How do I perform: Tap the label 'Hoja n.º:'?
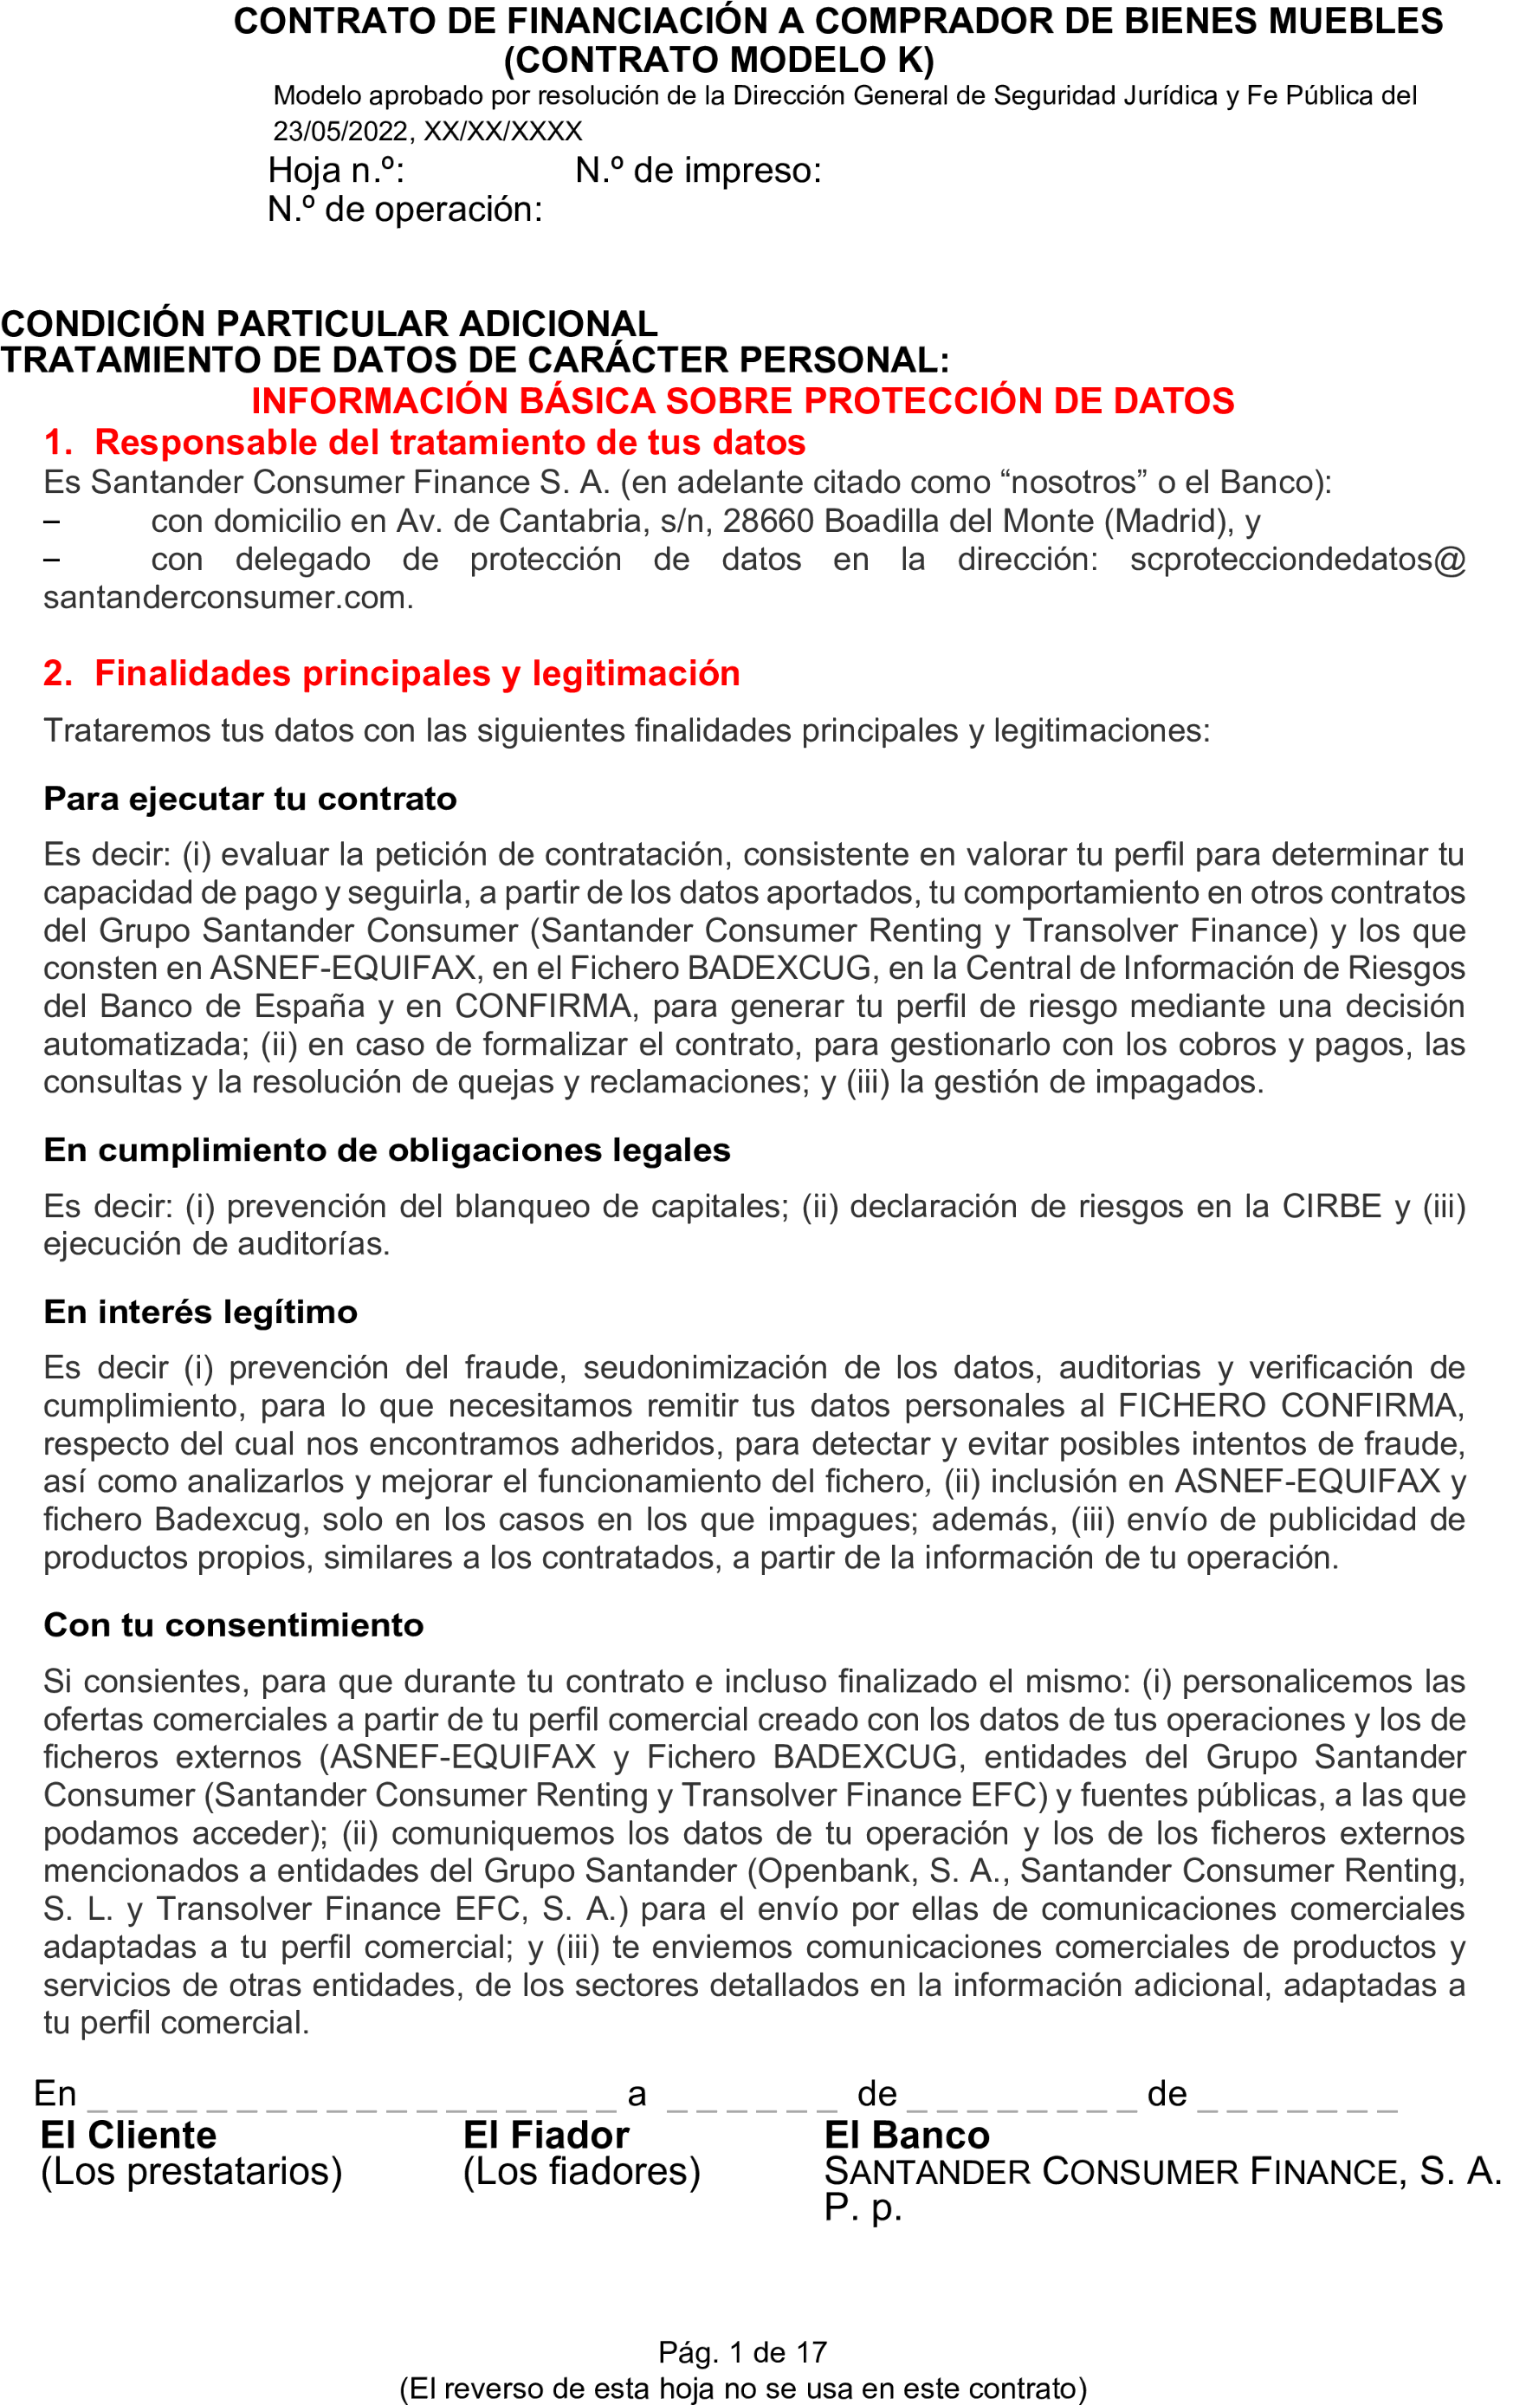tap(335, 171)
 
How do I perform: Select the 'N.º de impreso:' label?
tap(698, 171)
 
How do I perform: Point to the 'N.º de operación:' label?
tap(404, 210)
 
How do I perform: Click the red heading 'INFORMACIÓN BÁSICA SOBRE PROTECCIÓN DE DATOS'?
tap(742, 400)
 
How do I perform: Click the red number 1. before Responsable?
tap(58, 443)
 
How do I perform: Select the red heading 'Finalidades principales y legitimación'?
tap(417, 673)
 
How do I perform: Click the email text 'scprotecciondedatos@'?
tap(1297, 560)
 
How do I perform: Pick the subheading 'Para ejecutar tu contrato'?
tap(249, 798)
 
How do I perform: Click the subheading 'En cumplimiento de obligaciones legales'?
tap(386, 1150)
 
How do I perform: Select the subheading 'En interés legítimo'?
tap(200, 1312)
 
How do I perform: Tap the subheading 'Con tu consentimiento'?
tap(234, 1625)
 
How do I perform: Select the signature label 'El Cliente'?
tap(128, 2136)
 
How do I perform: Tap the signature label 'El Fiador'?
tap(546, 2136)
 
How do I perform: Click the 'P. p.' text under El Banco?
tap(862, 2207)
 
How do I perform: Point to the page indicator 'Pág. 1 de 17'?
tap(742, 2352)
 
